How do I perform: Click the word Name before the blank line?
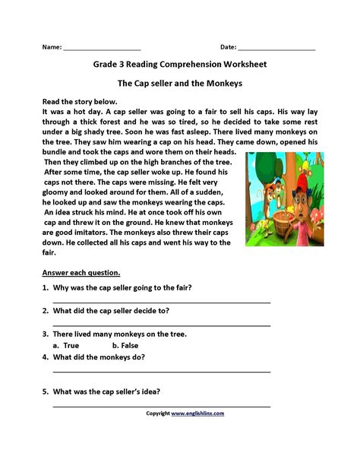pos(51,47)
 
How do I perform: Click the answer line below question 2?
pos(161,325)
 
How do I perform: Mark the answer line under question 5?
pos(161,406)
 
